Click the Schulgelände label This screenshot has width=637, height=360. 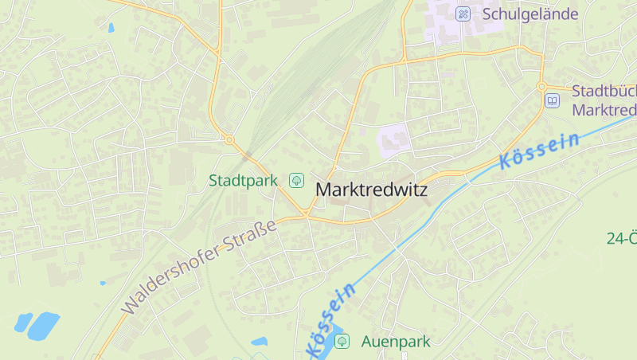pos(530,14)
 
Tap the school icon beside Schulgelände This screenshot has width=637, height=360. pos(463,14)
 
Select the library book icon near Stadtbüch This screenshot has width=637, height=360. pos(552,100)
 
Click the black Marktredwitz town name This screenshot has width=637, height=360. pos(371,190)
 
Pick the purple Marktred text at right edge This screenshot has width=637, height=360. pos(604,109)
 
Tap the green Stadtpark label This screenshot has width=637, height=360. pos(243,180)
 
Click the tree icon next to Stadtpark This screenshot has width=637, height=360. pos(296,180)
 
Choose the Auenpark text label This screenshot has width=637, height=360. pos(396,341)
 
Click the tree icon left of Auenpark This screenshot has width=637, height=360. pos(342,341)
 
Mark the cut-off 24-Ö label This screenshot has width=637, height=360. pos(621,237)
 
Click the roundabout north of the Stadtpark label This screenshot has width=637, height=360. pos(229,140)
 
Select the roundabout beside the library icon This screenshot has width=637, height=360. pos(541,86)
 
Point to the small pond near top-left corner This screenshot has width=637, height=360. pos(111,27)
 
